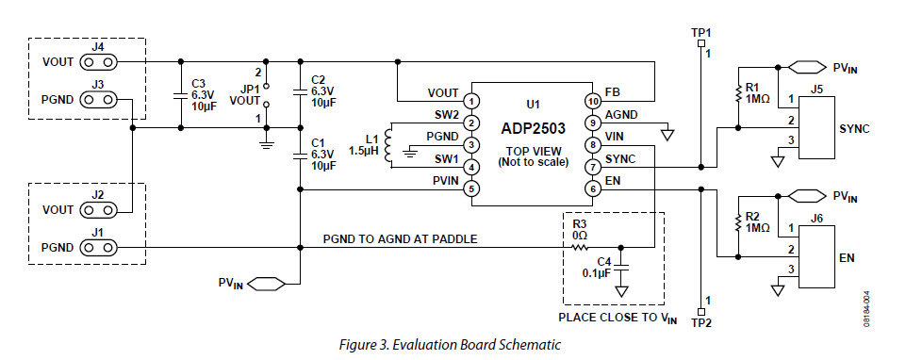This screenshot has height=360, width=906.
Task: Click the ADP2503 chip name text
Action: [533, 123]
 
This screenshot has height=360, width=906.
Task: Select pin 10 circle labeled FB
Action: [593, 100]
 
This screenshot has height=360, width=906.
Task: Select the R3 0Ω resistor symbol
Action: [578, 248]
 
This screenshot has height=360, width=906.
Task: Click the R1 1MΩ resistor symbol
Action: [737, 94]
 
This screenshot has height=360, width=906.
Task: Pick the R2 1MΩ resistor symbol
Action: [737, 223]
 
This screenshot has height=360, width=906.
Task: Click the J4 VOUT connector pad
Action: [99, 62]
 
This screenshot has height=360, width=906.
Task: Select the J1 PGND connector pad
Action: [99, 248]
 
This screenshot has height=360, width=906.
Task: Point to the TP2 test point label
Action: [700, 321]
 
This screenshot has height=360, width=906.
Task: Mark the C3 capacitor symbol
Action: [179, 95]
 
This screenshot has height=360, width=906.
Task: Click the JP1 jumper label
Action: [249, 89]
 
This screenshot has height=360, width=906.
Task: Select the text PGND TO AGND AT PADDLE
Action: [400, 239]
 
